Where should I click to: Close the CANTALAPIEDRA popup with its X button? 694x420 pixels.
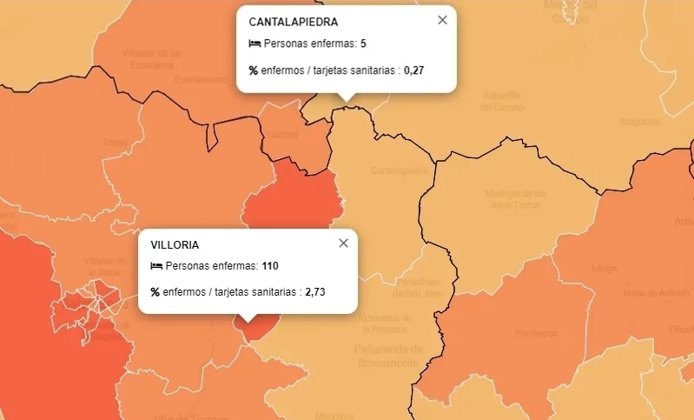point(442,20)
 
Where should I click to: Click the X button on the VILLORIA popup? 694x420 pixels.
point(343,243)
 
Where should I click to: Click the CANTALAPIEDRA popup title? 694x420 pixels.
point(294,22)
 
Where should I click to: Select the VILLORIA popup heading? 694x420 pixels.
point(175,244)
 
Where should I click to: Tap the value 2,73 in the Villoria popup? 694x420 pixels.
point(315,292)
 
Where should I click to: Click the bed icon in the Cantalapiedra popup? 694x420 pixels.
point(254,43)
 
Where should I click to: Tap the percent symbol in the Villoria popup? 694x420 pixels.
point(155,292)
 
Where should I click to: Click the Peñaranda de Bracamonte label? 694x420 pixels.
point(387,356)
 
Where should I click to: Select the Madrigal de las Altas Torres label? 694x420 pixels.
point(515,199)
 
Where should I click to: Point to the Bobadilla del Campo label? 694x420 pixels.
point(502,101)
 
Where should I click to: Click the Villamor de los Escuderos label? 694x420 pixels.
point(153,57)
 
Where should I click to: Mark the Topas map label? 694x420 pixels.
point(114,142)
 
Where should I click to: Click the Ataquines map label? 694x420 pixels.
point(639,122)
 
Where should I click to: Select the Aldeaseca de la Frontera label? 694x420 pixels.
point(384,322)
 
